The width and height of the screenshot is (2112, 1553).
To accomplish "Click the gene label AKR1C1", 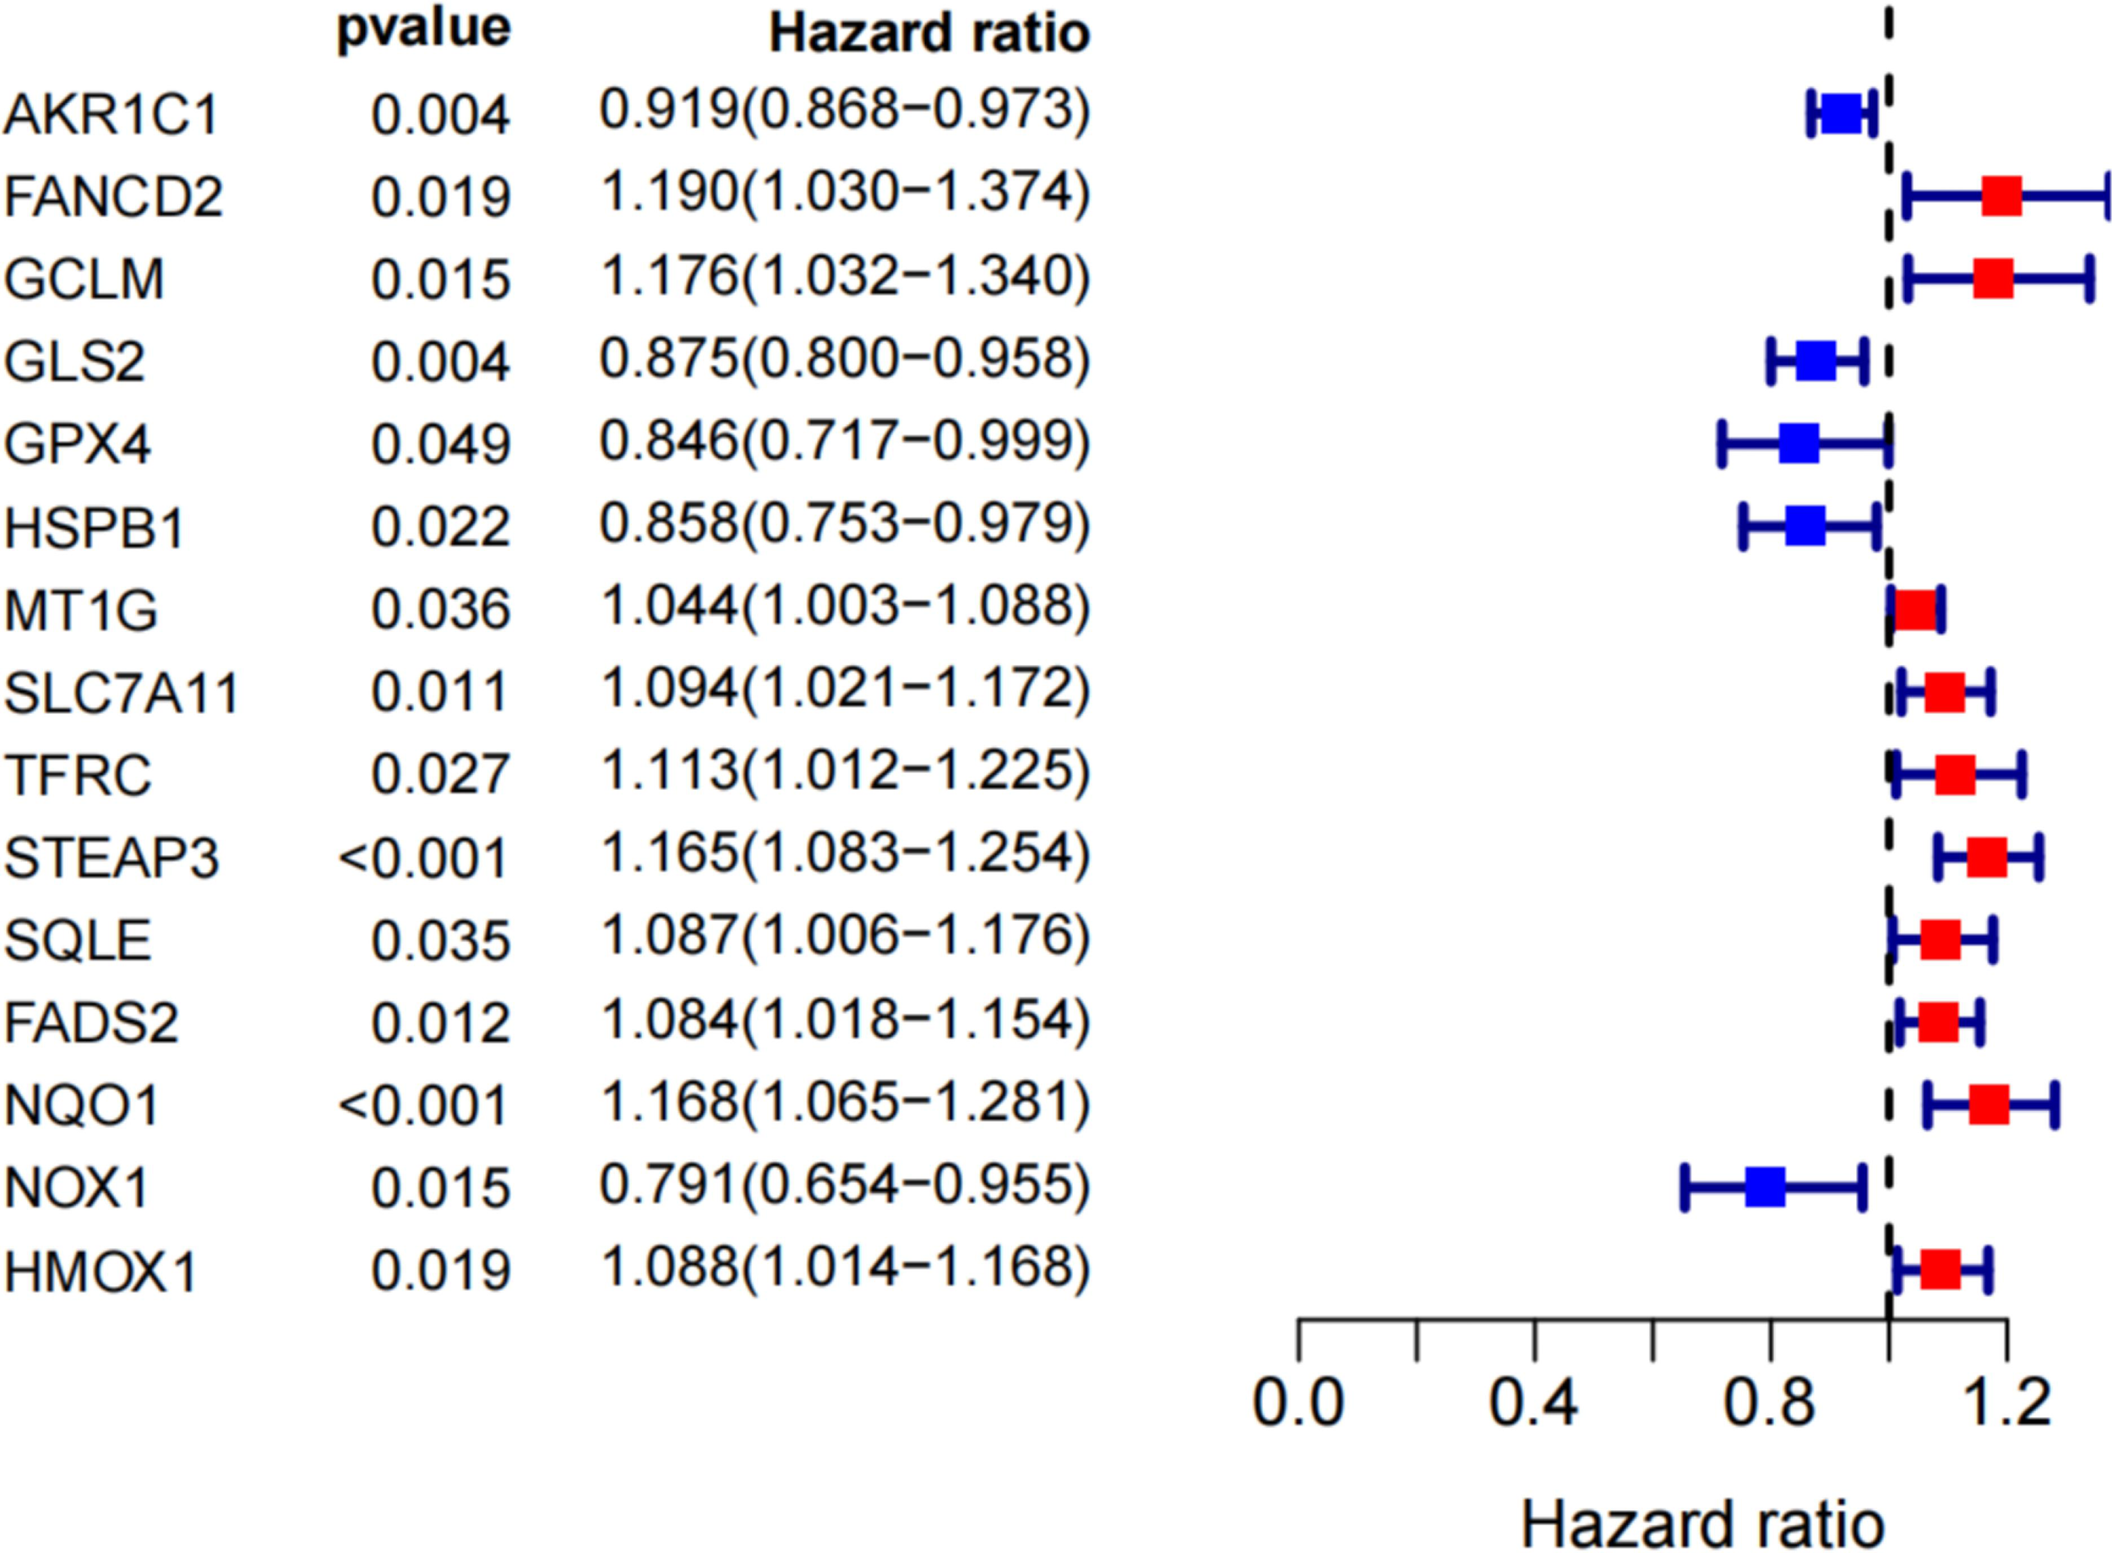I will [111, 115].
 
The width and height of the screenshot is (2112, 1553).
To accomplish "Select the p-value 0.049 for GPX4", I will [440, 444].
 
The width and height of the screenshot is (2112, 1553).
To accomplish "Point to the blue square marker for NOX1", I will [1765, 1186].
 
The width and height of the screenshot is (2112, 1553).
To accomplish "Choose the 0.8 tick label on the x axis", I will [1769, 1403].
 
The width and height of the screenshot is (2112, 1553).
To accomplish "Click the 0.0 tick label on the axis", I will [1298, 1403].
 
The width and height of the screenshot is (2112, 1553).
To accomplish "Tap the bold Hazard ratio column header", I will [928, 34].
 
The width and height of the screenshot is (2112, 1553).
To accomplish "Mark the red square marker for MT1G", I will [1914, 610].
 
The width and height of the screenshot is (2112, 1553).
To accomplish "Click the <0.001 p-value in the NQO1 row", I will [423, 1105].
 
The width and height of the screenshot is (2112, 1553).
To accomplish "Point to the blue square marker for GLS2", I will [1816, 361].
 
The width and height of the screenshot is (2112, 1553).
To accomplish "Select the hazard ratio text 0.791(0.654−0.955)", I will [844, 1185].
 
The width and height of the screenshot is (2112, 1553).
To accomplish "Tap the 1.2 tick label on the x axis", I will [2006, 1403].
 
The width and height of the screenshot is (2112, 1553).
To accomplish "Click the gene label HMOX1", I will [101, 1272].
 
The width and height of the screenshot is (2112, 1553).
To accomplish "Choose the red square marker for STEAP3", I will [1987, 858].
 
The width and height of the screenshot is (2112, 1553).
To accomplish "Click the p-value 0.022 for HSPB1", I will [440, 527].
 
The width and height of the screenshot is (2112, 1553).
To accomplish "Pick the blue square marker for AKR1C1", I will [1842, 114].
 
